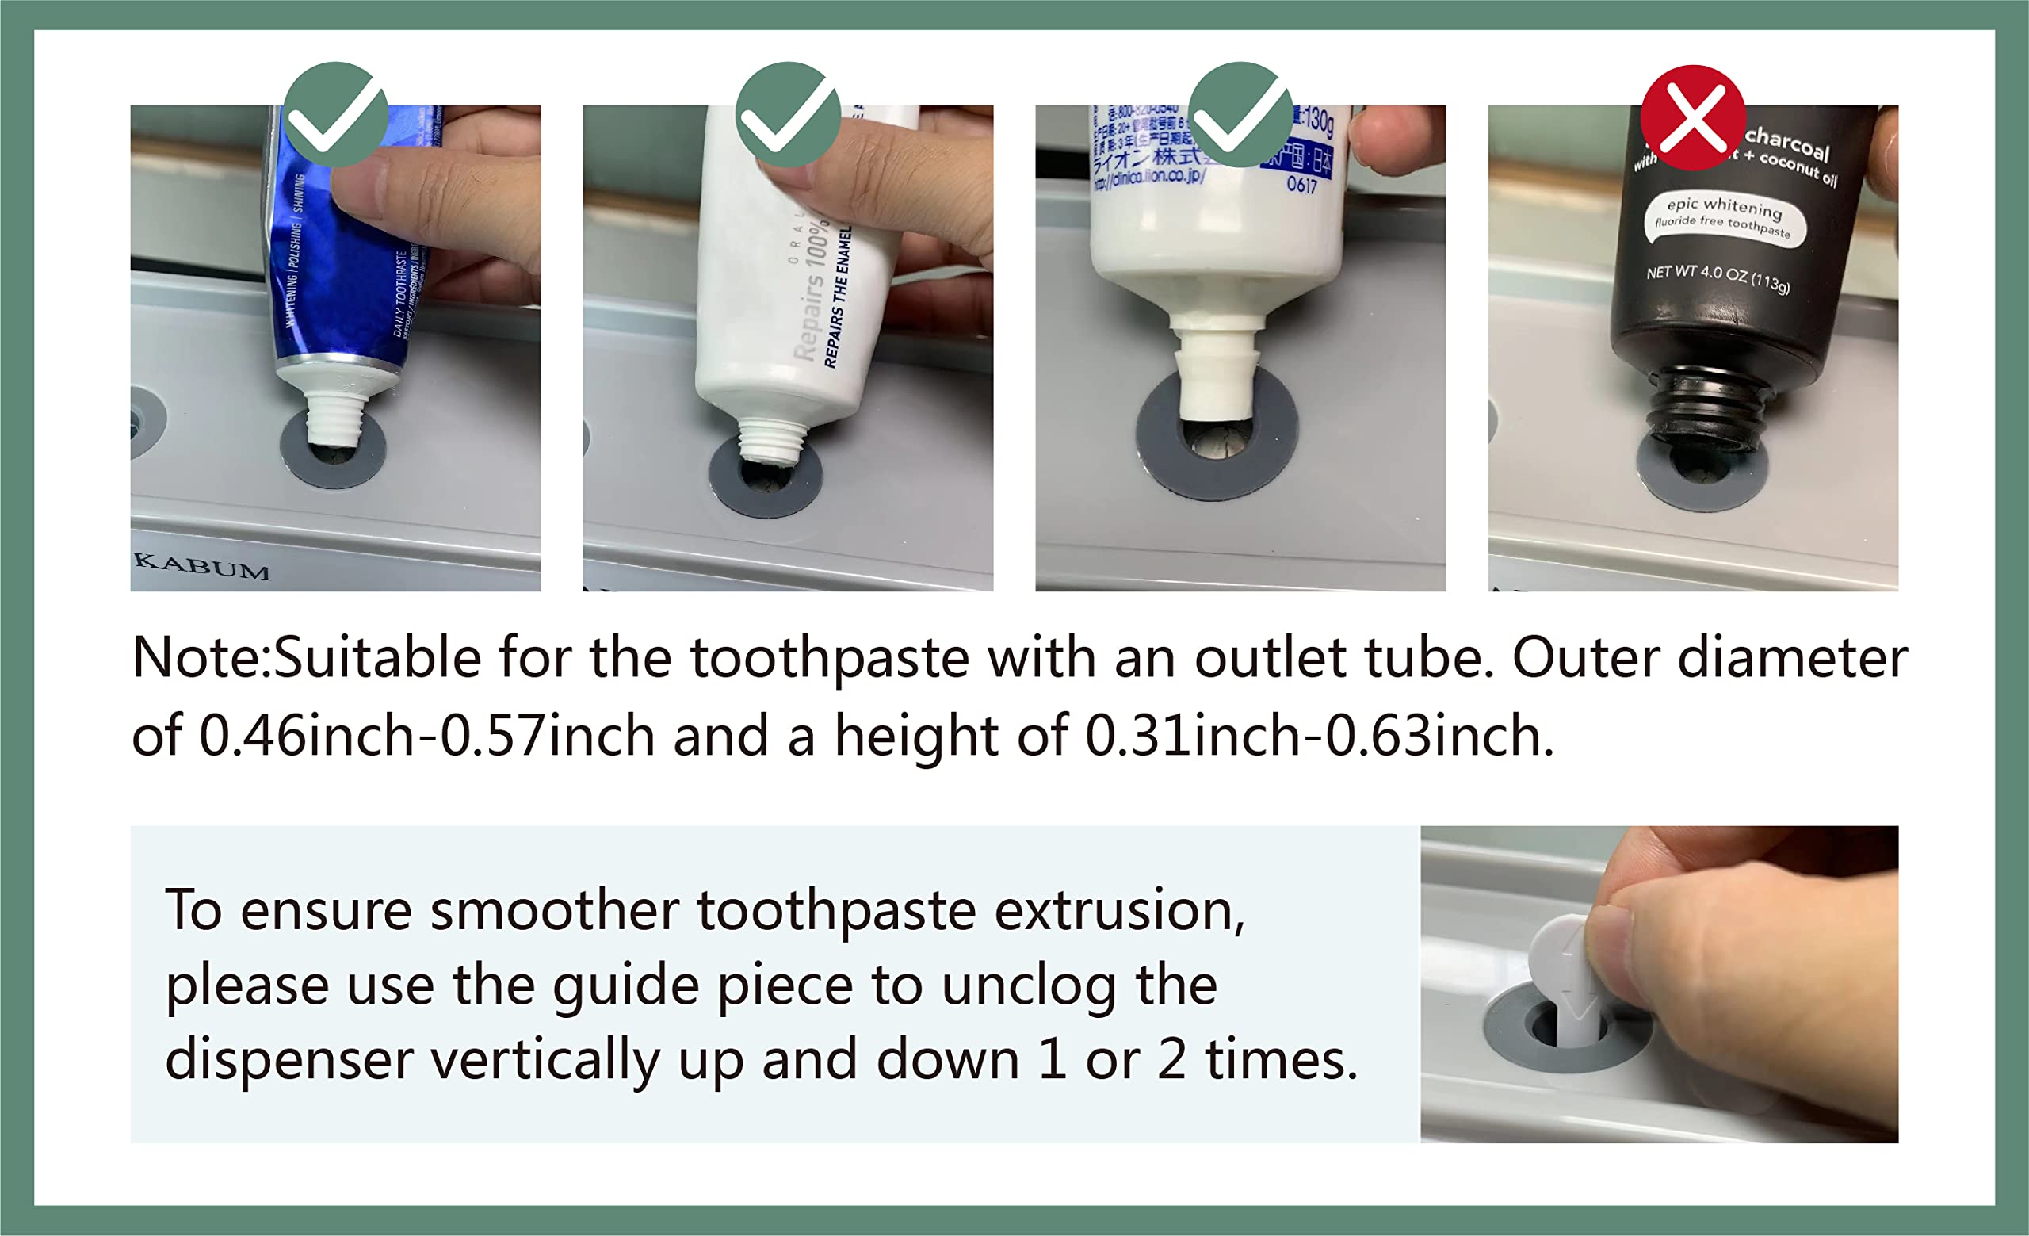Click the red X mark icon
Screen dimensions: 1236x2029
pos(1692,117)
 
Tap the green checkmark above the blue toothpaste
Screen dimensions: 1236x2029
pos(335,114)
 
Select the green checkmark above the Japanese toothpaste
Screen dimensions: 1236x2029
pos(1240,114)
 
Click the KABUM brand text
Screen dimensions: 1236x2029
pos(203,568)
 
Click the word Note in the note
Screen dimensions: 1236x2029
pos(197,659)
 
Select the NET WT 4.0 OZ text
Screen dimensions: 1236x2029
pos(1717,277)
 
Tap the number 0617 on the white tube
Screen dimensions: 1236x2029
pos(1302,186)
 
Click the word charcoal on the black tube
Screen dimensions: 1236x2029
pos(1787,144)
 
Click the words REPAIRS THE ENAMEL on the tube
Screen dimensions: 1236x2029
pos(837,297)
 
